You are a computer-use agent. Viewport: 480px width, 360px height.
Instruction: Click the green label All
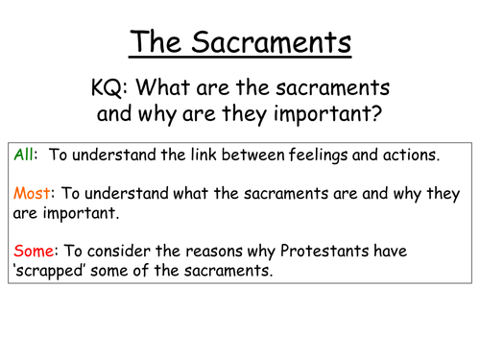25,155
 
